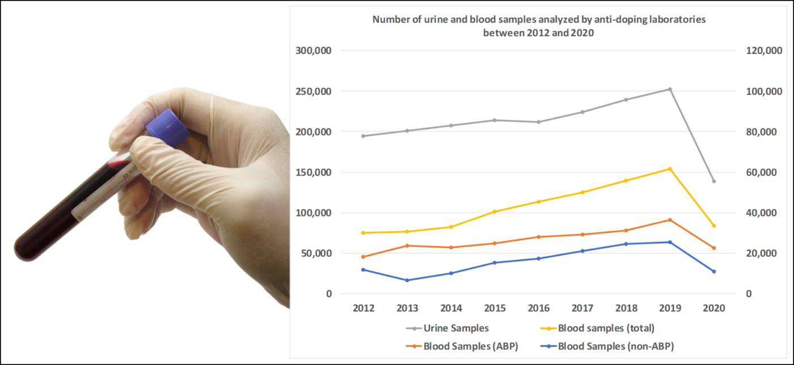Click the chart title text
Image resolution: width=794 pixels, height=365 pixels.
click(x=539, y=26)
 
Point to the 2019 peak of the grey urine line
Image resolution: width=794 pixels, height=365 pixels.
click(x=670, y=89)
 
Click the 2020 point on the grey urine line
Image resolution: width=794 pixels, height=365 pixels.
click(x=713, y=181)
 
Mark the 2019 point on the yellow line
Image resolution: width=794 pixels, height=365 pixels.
click(x=670, y=169)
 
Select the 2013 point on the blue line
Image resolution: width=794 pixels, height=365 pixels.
click(x=407, y=280)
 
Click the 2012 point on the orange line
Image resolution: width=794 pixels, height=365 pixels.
click(x=364, y=257)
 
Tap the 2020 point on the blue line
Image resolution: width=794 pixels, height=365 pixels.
click(x=713, y=271)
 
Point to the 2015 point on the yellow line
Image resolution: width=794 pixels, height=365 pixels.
click(x=495, y=211)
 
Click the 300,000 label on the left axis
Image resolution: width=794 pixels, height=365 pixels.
click(x=314, y=51)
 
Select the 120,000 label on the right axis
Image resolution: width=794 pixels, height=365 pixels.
click(x=763, y=51)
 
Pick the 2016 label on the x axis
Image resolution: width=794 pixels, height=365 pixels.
click(x=538, y=308)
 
